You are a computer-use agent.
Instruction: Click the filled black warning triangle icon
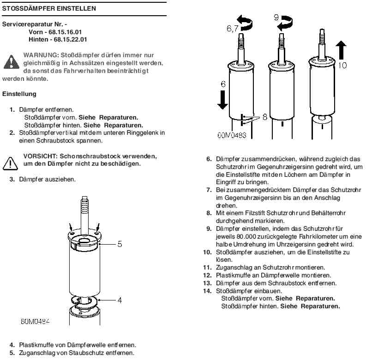click(x=10, y=61)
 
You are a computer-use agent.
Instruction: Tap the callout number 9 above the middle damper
click(x=276, y=18)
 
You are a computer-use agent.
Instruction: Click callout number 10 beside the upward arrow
click(x=342, y=66)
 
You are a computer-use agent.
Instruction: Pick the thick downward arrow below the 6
click(x=222, y=99)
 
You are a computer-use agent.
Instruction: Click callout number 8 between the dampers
click(x=265, y=116)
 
